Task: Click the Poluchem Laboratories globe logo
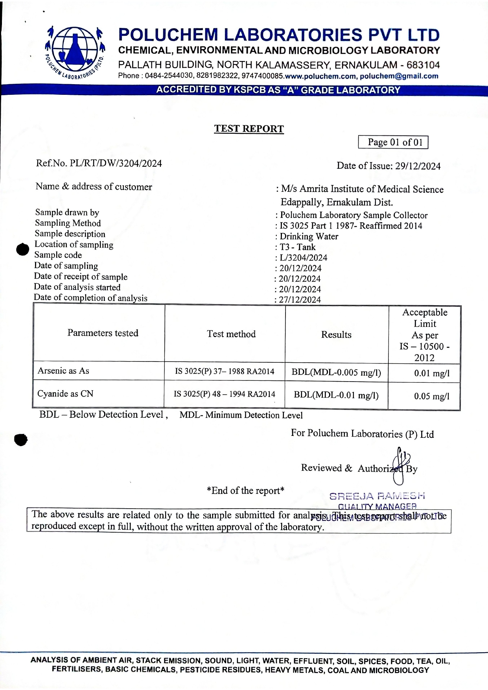click(x=74, y=51)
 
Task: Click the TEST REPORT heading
click(x=249, y=129)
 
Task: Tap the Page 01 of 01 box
click(x=393, y=142)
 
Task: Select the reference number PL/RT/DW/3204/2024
click(x=116, y=163)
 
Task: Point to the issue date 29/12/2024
click(x=418, y=166)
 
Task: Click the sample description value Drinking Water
click(x=309, y=236)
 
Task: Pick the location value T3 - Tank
click(x=298, y=247)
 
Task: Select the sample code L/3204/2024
click(x=303, y=258)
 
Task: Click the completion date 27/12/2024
click(x=300, y=300)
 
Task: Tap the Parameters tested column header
click(x=103, y=333)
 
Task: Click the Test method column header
click(x=231, y=334)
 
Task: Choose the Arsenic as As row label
click(x=63, y=371)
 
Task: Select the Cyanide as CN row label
click(x=65, y=394)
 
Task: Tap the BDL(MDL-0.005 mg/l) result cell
click(x=336, y=373)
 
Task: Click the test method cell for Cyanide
click(x=225, y=394)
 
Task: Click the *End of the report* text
click(x=245, y=491)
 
